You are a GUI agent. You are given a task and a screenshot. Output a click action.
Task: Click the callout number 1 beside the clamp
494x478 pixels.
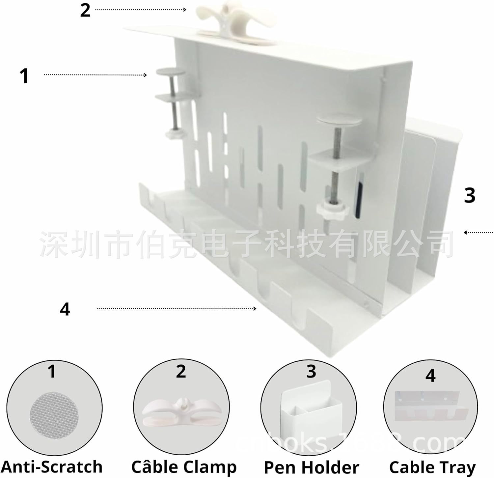click(24, 76)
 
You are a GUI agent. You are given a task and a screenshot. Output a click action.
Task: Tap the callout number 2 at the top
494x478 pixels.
click(85, 10)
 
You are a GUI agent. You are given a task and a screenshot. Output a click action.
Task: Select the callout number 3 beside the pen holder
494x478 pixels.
click(469, 195)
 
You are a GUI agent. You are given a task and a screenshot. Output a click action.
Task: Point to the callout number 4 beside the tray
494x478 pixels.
click(65, 309)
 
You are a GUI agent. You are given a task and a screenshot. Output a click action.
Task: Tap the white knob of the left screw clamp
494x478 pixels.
click(175, 135)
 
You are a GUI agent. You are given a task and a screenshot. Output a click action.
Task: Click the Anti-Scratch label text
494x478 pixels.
click(52, 466)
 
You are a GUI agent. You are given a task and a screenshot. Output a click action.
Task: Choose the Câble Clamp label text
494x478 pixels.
click(184, 466)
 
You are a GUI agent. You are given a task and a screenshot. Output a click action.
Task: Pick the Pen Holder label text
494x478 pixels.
click(311, 467)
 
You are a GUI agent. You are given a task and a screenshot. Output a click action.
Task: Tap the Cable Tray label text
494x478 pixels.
click(432, 467)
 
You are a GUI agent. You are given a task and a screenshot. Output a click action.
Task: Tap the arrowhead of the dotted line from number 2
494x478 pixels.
click(185, 10)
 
